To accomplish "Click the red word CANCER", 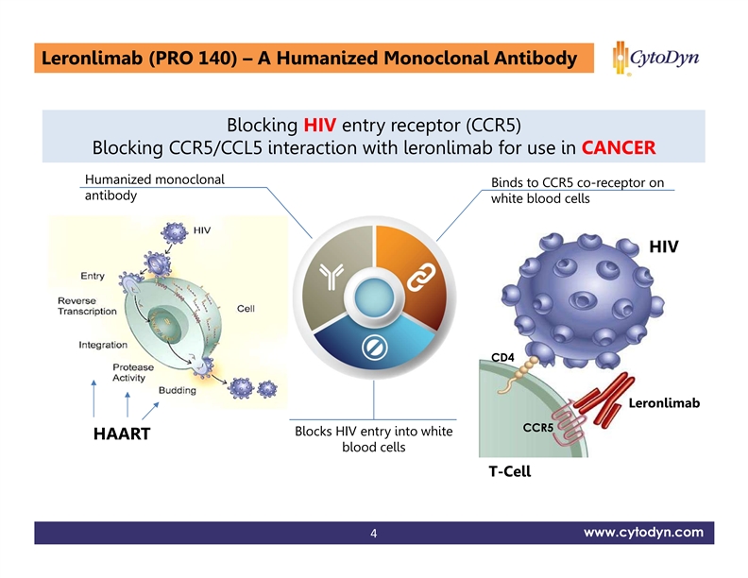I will coord(619,149).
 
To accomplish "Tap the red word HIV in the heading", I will coord(321,127).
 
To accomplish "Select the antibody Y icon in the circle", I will coord(331,274).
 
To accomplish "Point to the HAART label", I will coord(123,435).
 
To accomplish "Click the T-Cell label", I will coord(509,471).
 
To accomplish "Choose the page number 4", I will coord(374,535).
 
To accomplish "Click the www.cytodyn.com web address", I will coord(643,533).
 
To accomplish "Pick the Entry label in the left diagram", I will coord(93,275).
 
